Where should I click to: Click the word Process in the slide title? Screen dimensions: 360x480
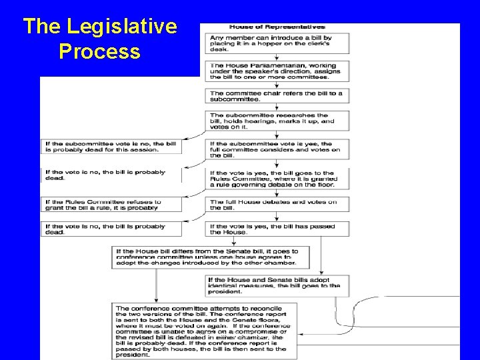click(99, 51)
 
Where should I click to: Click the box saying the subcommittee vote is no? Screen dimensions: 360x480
click(112, 147)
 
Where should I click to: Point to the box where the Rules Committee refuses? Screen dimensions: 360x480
click(112, 204)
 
